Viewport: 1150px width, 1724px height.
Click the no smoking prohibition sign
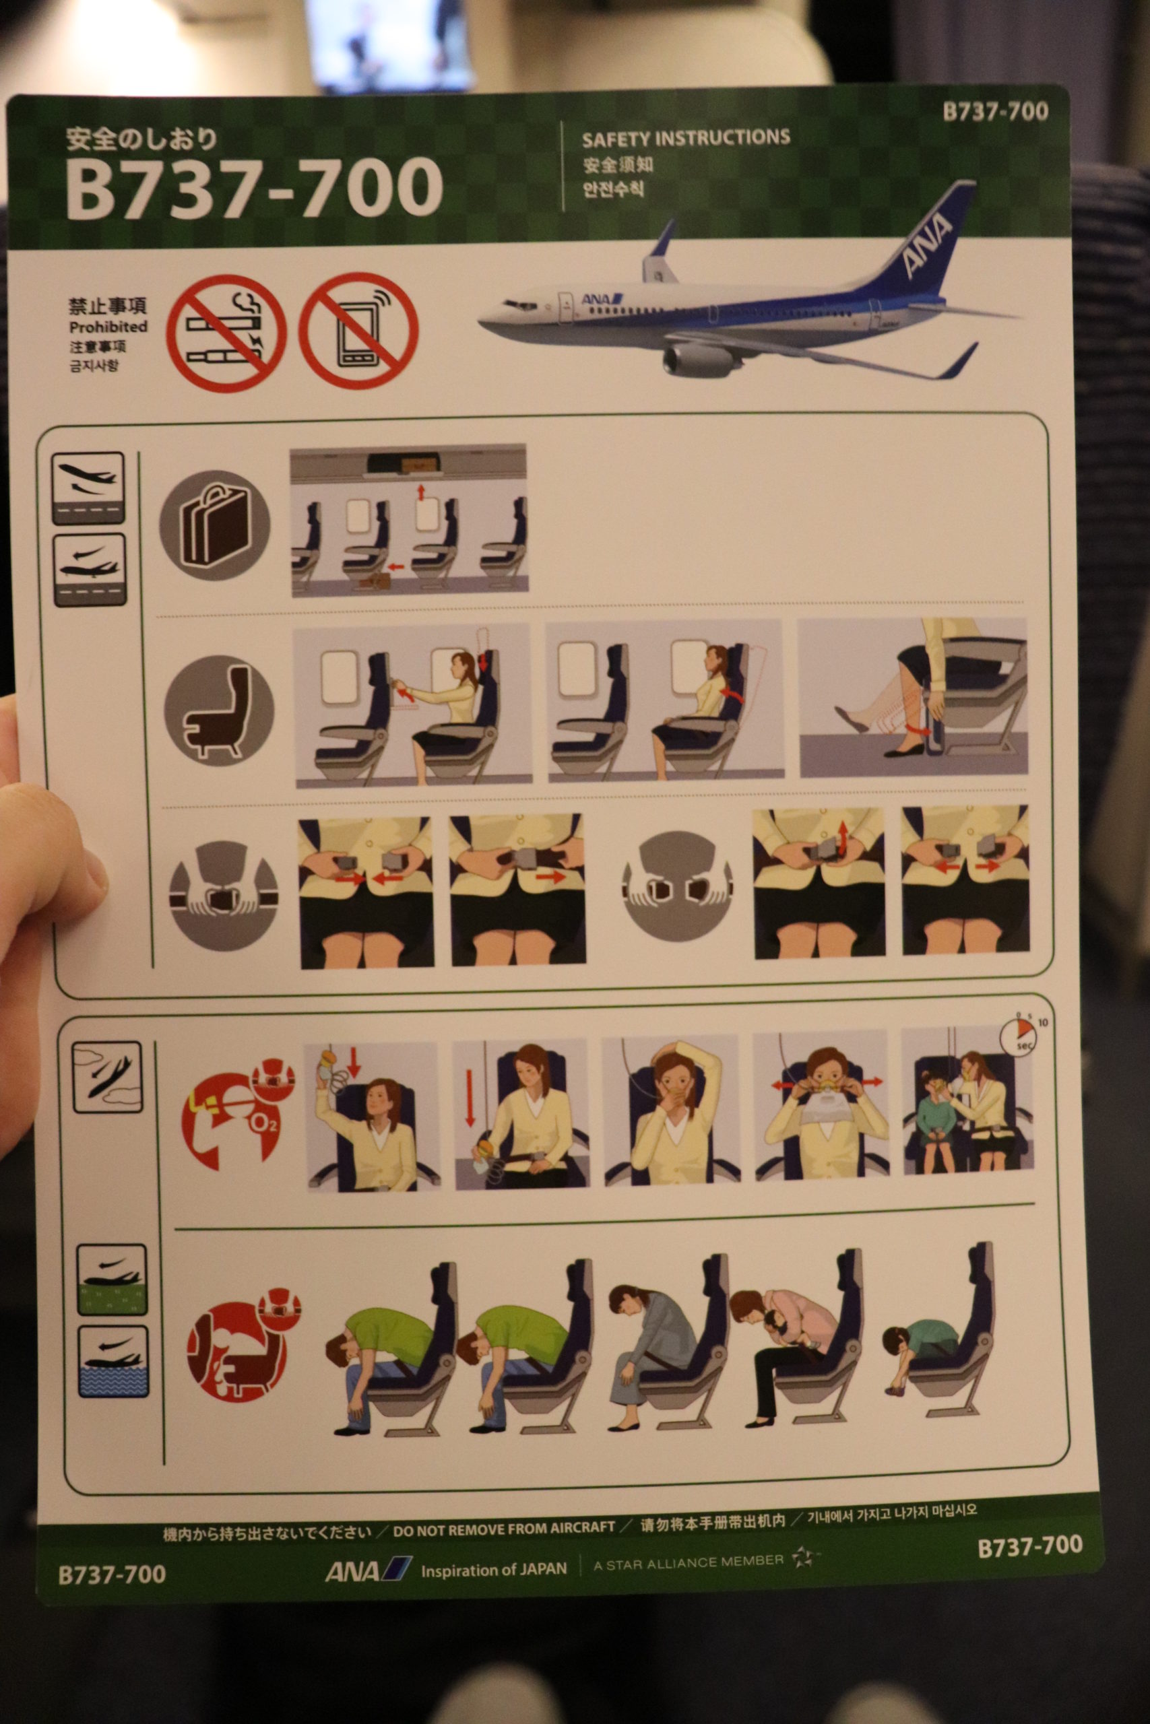[x=226, y=333]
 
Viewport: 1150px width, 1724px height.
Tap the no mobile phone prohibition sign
[x=358, y=331]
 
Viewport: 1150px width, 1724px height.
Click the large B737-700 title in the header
[x=254, y=187]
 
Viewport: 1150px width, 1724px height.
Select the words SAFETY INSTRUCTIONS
[x=686, y=138]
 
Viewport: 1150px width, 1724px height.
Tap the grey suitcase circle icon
[x=215, y=525]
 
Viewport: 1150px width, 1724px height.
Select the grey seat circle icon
[x=218, y=710]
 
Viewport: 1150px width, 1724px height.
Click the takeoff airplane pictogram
[x=88, y=488]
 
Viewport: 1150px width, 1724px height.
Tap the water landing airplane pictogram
[x=113, y=1361]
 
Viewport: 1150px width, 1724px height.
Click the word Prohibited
[x=108, y=327]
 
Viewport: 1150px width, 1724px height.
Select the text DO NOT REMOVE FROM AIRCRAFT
[x=504, y=1530]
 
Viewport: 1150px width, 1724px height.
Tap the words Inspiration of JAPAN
[x=494, y=1569]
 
